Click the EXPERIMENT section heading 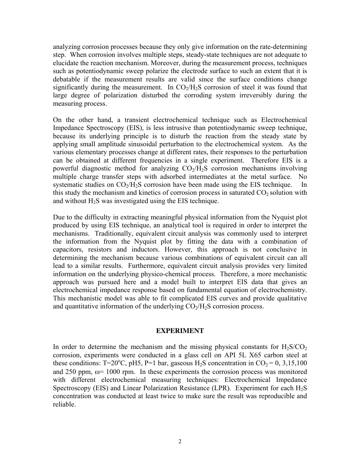point(180,331)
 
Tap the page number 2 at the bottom point(180,441)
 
